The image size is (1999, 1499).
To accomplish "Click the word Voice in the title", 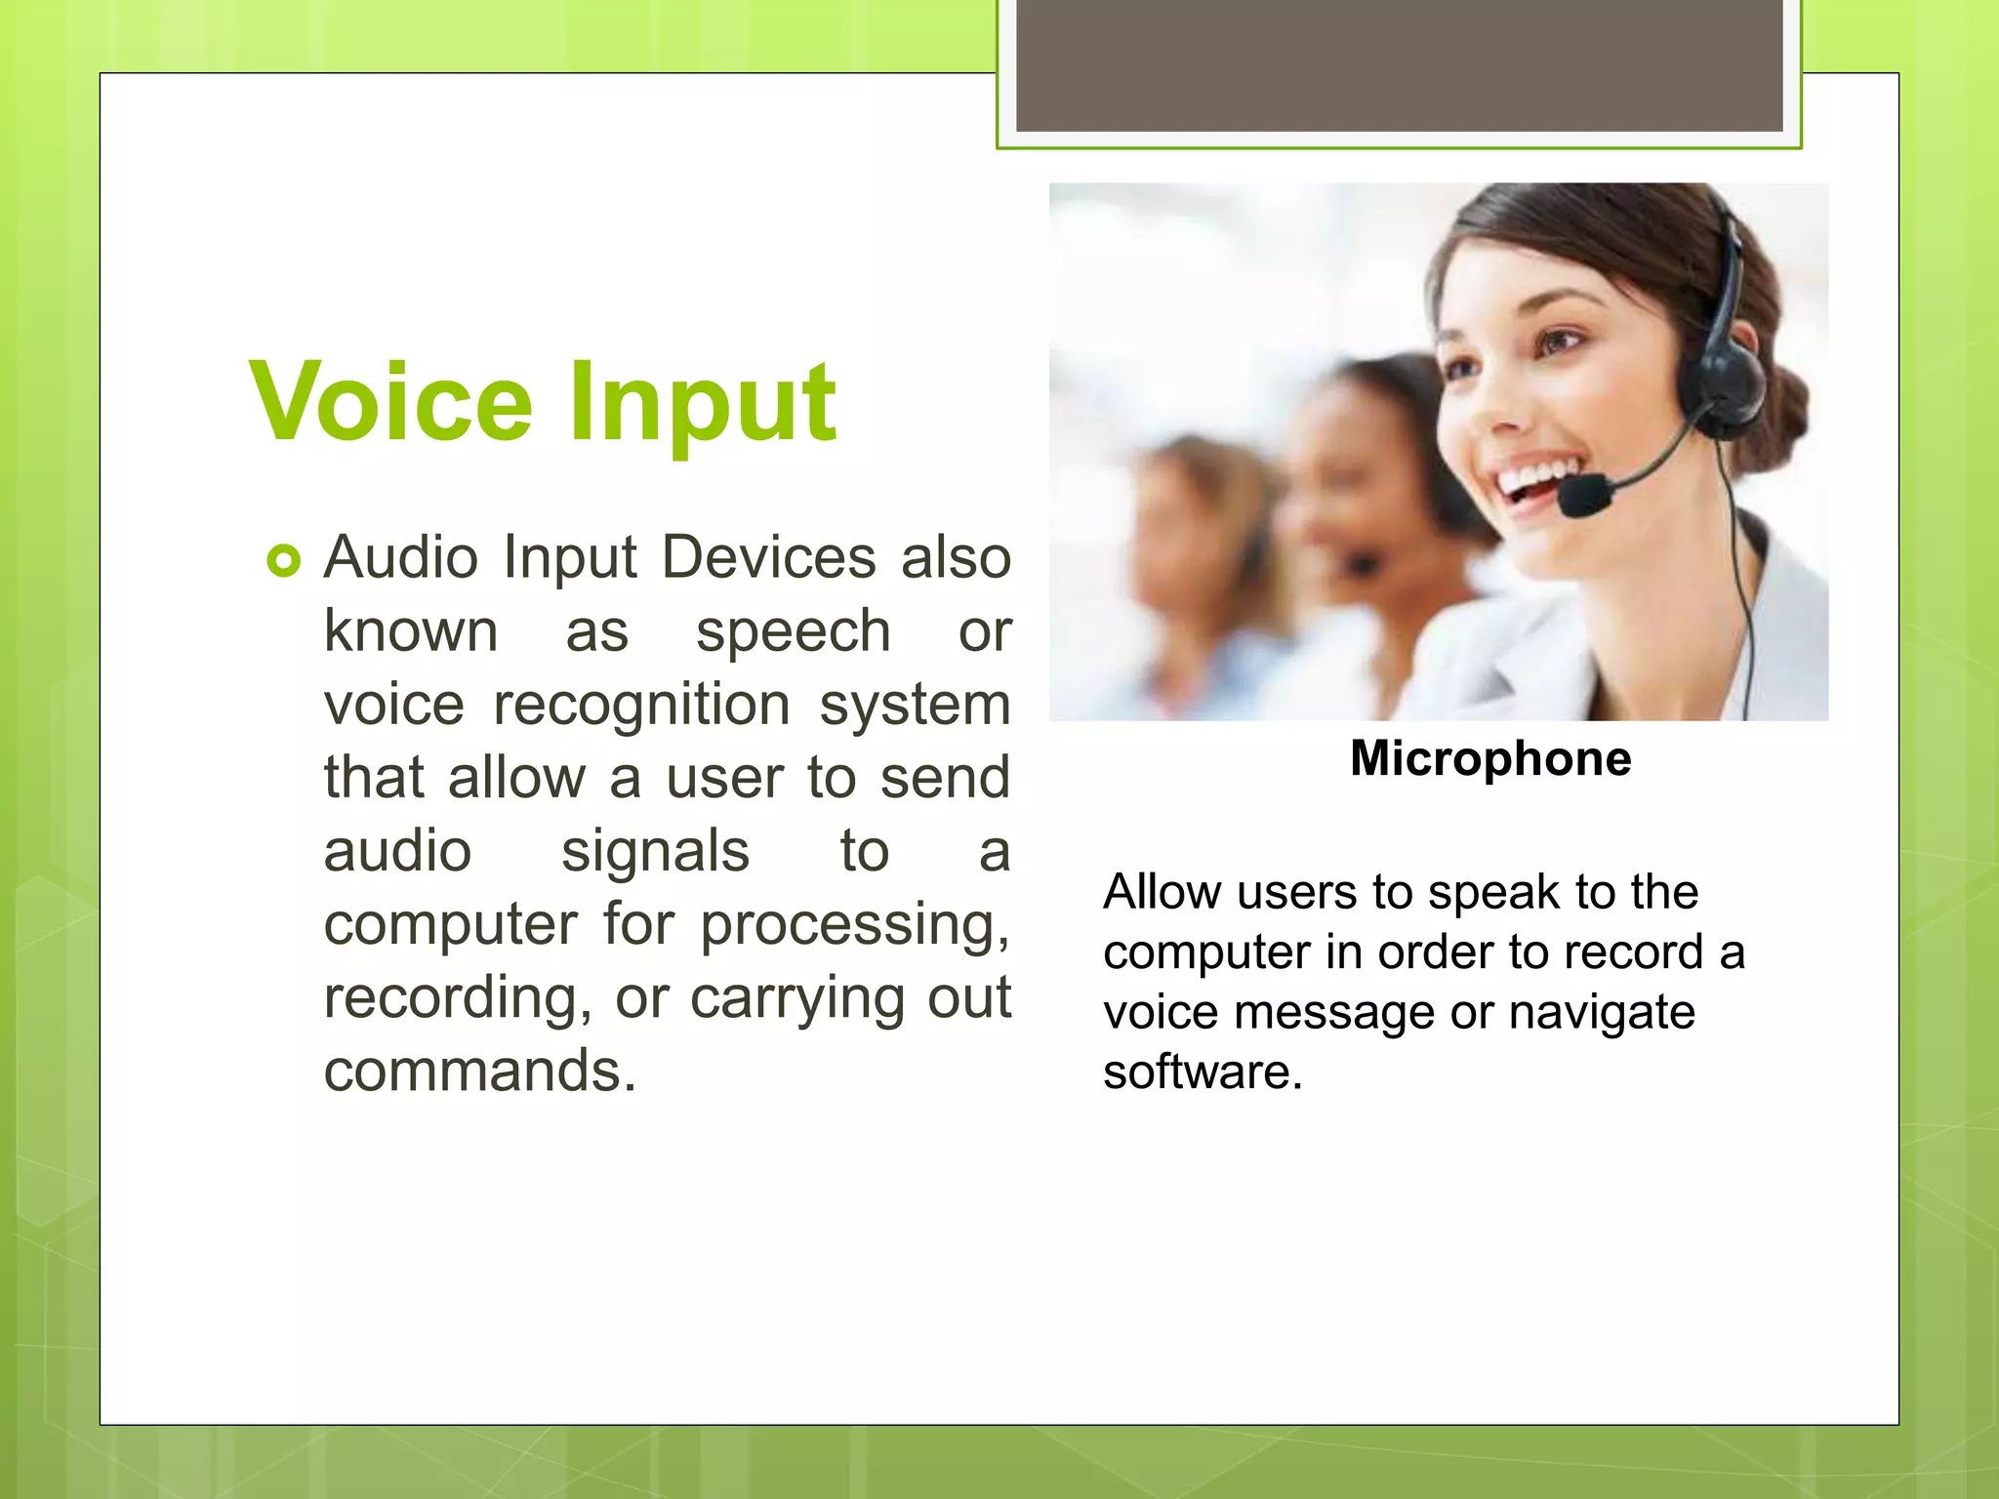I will (390, 403).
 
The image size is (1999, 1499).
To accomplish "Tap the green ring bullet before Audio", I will (283, 561).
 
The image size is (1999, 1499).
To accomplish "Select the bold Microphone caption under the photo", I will (1489, 758).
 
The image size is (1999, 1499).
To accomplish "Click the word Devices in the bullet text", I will (768, 558).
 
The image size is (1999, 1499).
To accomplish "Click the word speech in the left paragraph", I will (793, 631).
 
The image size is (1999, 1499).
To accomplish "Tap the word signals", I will (655, 851).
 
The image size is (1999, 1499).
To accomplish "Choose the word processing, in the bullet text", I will (855, 924).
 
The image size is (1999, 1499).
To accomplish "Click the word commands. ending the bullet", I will (479, 1071).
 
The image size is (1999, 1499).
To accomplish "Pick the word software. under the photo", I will (1203, 1072).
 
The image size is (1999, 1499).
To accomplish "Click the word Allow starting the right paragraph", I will (1162, 892).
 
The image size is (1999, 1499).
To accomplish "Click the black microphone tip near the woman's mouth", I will (1582, 495).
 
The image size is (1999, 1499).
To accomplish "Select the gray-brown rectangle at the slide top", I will (1399, 64).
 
